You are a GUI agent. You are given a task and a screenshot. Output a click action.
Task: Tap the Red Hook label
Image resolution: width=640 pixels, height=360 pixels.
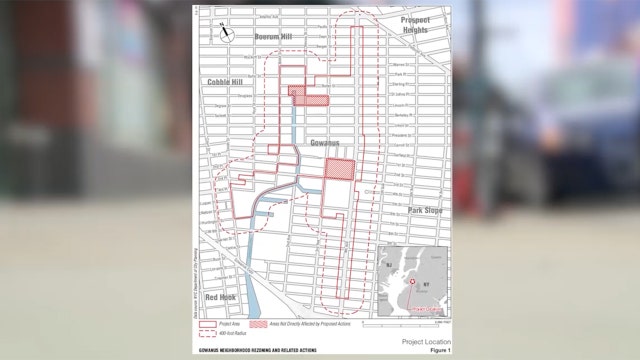pyautogui.click(x=219, y=298)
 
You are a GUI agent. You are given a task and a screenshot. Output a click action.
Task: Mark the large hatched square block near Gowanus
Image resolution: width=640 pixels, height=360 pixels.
pyautogui.click(x=339, y=169)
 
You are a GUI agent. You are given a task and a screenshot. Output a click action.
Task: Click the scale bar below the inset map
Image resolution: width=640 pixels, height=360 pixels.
pyautogui.click(x=419, y=322)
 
